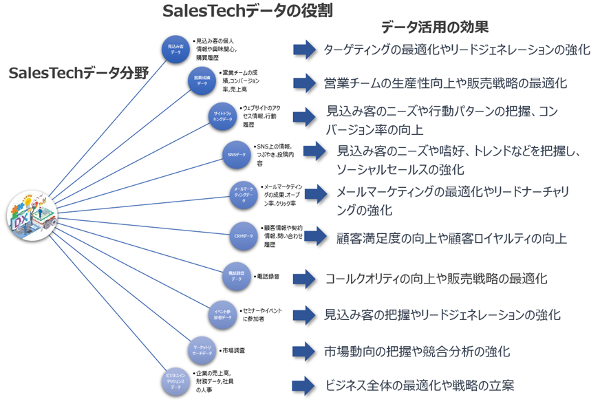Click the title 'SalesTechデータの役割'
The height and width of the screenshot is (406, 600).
247,12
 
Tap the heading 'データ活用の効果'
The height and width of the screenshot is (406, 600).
434,28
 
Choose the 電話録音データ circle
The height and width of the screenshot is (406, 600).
236,277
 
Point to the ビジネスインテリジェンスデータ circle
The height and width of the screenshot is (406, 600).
176,381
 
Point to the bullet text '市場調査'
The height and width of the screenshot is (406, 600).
233,351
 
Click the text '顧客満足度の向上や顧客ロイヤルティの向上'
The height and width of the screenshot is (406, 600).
451,239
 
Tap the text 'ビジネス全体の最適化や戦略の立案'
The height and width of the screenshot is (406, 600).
420,385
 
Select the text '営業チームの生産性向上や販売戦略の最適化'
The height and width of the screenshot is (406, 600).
445,83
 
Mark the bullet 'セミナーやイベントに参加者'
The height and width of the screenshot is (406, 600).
261,315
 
